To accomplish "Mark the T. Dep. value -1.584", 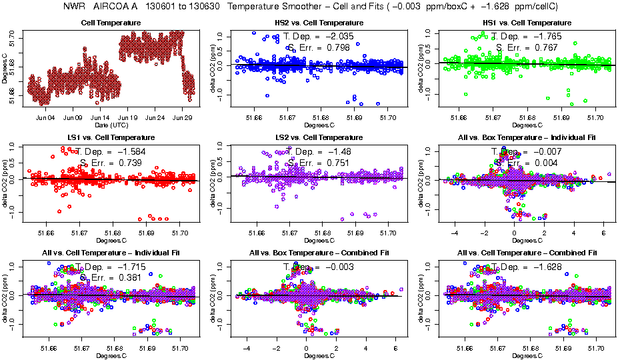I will pyautogui.click(x=129, y=151).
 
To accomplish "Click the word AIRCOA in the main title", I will pyautogui.click(x=113, y=6).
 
